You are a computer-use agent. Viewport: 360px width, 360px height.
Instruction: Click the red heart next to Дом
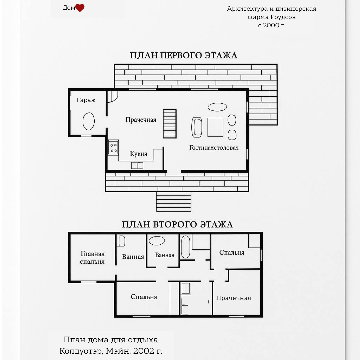(x=80, y=8)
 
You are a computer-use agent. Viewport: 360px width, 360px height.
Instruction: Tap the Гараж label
(x=86, y=100)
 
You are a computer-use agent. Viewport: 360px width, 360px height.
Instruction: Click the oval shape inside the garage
(x=89, y=121)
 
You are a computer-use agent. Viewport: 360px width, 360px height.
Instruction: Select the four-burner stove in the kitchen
(x=113, y=147)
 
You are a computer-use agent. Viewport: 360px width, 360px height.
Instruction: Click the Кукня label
(x=139, y=154)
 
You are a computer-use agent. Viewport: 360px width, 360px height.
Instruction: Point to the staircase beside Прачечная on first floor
(x=170, y=124)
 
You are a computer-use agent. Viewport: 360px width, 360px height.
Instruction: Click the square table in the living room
(x=215, y=127)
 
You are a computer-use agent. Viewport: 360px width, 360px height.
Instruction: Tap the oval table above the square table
(x=217, y=107)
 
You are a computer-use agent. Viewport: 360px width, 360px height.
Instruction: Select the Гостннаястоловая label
(x=214, y=148)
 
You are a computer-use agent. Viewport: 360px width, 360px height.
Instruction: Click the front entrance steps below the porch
(x=174, y=202)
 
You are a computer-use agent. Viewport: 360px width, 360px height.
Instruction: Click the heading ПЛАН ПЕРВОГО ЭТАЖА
(x=183, y=56)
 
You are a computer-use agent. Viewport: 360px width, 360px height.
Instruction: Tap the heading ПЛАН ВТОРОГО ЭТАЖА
(x=177, y=224)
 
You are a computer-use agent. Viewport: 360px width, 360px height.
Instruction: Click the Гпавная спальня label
(x=92, y=258)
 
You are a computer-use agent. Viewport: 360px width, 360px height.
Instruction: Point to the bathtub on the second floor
(x=186, y=247)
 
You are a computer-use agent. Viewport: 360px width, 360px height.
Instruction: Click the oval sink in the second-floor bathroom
(x=157, y=241)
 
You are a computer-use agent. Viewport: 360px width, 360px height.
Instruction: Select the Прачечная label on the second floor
(x=234, y=298)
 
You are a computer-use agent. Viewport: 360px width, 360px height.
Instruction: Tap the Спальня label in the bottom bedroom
(x=144, y=297)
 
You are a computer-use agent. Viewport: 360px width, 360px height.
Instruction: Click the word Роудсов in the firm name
(x=283, y=17)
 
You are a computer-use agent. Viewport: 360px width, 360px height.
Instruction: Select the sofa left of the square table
(x=197, y=127)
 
